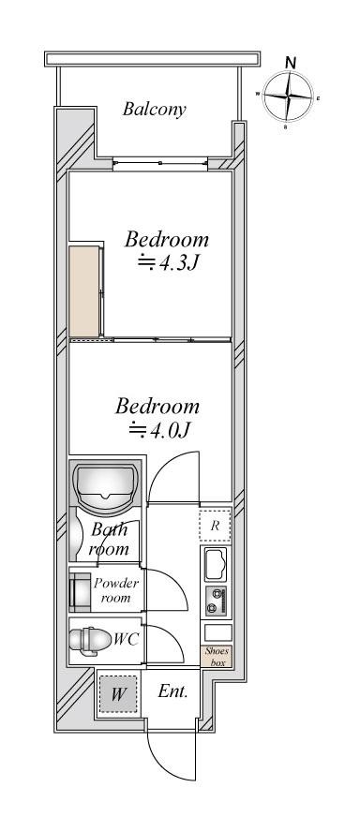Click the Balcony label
tap(154, 110)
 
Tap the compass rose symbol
tap(288, 97)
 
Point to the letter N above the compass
tap(291, 62)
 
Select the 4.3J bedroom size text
tap(168, 262)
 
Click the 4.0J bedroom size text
tap(159, 430)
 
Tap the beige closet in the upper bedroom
tap(84, 290)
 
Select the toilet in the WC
tap(89, 639)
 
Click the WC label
tap(127, 639)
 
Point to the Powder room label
tap(115, 590)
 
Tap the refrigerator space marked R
tap(215, 526)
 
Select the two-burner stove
tap(217, 602)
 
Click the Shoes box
tap(217, 657)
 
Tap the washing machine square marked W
tap(117, 694)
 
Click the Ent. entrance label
tap(172, 691)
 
